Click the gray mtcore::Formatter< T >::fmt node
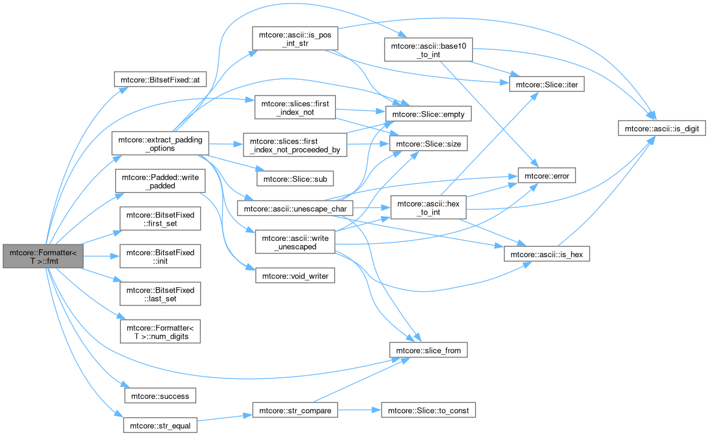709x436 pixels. click(x=43, y=256)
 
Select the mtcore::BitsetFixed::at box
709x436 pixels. click(x=160, y=80)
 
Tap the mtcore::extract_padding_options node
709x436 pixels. click(x=160, y=144)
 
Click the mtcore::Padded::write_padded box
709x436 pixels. click(x=160, y=181)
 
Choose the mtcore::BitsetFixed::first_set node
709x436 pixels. click(x=160, y=219)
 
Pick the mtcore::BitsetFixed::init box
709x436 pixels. click(x=160, y=256)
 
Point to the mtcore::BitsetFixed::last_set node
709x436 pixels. click(x=160, y=294)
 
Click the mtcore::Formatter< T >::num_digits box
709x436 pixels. click(x=160, y=332)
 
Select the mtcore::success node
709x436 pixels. click(x=160, y=396)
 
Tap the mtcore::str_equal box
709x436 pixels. click(x=160, y=425)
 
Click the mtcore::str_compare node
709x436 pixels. click(x=295, y=410)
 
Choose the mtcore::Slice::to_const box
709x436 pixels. click(x=428, y=410)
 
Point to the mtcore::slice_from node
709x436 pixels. click(x=428, y=350)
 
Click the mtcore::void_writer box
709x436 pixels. click(x=295, y=275)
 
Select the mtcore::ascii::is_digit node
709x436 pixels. click(x=662, y=128)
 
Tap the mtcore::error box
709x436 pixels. click(x=546, y=176)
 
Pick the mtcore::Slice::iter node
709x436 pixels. click(x=546, y=84)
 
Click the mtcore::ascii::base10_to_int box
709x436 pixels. click(x=428, y=50)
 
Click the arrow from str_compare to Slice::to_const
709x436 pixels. click(x=359, y=410)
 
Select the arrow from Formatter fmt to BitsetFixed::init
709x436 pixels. click(x=101, y=256)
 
